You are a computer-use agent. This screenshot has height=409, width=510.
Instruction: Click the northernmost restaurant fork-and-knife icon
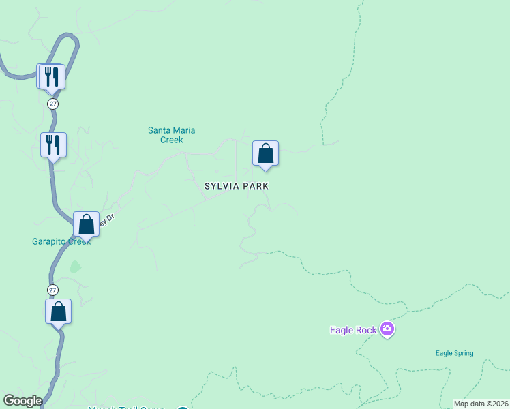click(x=52, y=76)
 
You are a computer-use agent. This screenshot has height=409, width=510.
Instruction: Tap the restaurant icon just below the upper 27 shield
click(x=53, y=145)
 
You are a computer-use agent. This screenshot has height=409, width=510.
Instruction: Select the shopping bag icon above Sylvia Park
click(x=265, y=153)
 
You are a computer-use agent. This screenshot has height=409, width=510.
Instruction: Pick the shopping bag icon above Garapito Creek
click(x=87, y=224)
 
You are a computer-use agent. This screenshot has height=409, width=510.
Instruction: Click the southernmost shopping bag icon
click(x=59, y=312)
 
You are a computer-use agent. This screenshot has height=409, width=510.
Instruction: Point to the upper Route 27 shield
click(x=53, y=104)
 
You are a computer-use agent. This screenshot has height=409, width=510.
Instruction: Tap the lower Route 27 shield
click(x=53, y=290)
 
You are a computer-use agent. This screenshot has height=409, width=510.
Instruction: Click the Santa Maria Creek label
click(x=166, y=135)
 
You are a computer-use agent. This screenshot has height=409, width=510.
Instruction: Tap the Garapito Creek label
click(x=61, y=241)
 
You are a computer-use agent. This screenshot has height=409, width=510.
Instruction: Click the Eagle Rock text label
click(x=353, y=331)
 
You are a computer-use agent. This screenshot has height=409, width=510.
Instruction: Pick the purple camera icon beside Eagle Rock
click(x=387, y=330)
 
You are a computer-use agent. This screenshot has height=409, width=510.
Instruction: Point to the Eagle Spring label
click(x=454, y=353)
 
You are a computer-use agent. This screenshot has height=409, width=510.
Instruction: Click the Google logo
click(x=22, y=401)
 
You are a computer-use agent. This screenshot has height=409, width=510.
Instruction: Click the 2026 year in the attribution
click(x=498, y=404)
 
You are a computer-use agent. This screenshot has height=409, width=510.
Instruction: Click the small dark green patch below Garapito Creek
click(x=74, y=266)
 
